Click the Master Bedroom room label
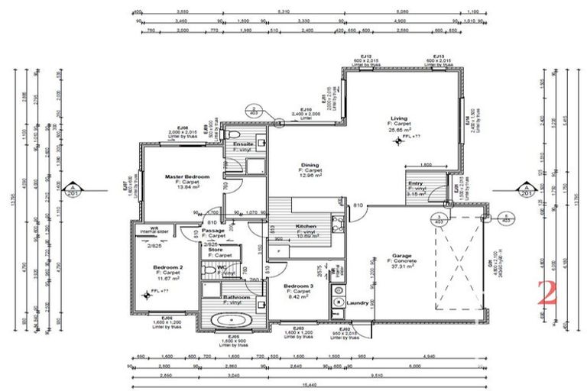coord(182,176)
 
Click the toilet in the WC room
coord(207,268)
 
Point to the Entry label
coord(416,183)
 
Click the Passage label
coord(213,230)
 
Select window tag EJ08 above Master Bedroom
coord(183,128)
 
